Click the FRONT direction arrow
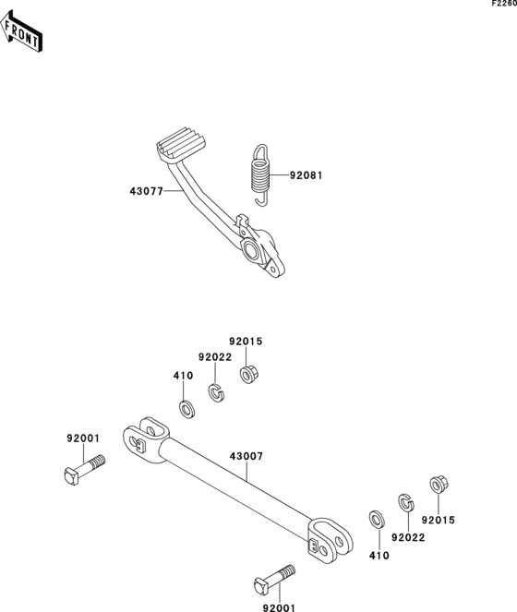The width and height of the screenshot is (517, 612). click(x=20, y=32)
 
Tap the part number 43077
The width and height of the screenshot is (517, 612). click(x=147, y=191)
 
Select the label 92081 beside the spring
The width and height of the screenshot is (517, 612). click(x=307, y=175)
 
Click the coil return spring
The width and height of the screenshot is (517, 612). click(x=260, y=174)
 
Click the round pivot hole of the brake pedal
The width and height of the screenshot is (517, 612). click(x=251, y=249)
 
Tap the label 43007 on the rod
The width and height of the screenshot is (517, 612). click(x=246, y=456)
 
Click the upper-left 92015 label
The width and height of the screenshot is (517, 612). click(x=246, y=342)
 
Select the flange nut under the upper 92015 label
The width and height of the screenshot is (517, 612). click(x=248, y=374)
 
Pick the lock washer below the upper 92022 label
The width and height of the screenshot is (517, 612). click(x=216, y=392)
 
